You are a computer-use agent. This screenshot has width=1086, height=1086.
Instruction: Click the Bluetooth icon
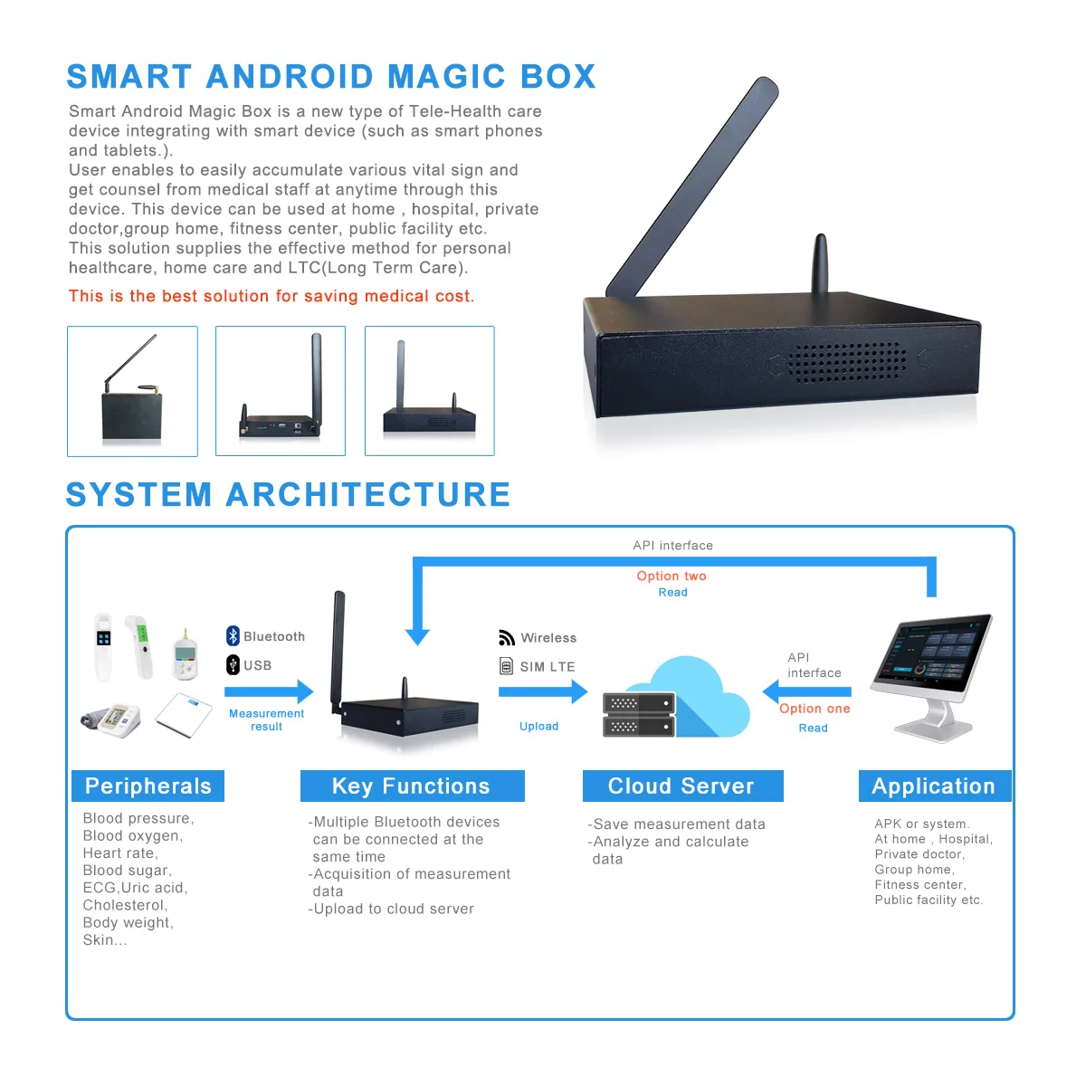point(233,636)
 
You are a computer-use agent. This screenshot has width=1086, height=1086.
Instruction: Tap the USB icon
point(233,665)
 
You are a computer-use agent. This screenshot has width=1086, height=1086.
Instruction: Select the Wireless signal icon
point(507,638)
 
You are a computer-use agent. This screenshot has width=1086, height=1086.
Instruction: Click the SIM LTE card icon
point(507,667)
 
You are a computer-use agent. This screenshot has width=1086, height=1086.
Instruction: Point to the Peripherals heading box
point(148,786)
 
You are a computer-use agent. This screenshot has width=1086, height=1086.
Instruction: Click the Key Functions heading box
point(412,786)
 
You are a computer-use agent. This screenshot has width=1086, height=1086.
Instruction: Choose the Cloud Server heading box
point(682,786)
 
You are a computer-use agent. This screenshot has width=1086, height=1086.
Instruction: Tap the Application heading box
point(934,786)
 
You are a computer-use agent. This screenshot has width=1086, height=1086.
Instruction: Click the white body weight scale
point(183,715)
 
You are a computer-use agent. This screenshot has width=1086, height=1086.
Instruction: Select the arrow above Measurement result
point(268,692)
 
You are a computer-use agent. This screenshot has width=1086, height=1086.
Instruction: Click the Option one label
point(814,709)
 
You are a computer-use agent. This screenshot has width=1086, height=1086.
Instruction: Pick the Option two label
point(672,576)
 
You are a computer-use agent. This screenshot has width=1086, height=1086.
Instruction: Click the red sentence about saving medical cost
point(271,296)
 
